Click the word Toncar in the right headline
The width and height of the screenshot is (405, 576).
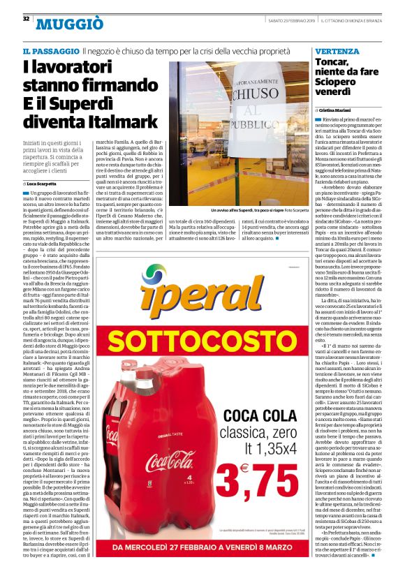[332, 63]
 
